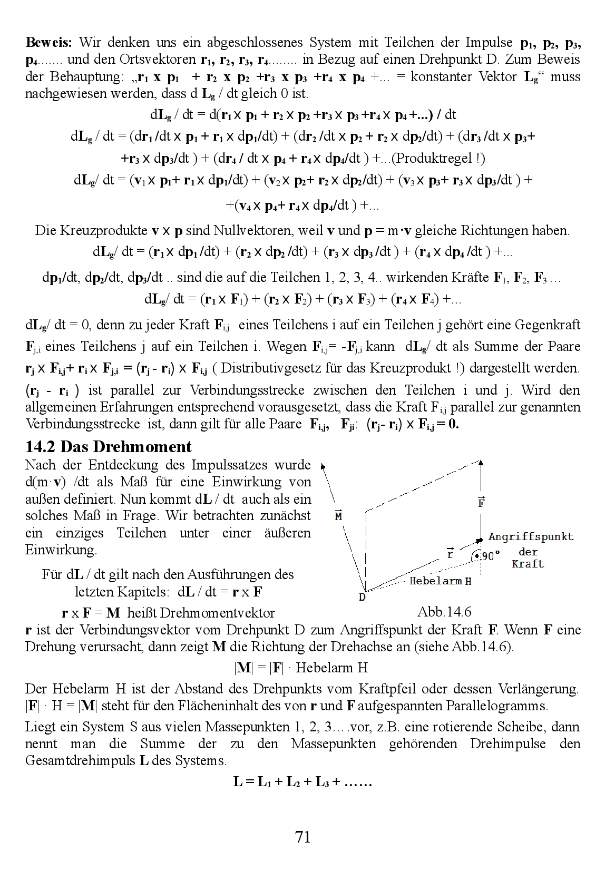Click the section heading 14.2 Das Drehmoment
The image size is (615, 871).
coord(109,447)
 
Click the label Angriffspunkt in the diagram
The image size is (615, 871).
coord(530,537)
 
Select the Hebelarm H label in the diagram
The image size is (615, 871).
coord(440,582)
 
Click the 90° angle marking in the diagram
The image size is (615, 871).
coord(491,556)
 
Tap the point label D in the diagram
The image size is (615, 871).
coord(363,597)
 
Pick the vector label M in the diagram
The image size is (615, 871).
coord(339,515)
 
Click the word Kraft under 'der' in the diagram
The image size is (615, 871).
coord(528,564)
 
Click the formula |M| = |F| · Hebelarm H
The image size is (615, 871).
coord(300,668)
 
